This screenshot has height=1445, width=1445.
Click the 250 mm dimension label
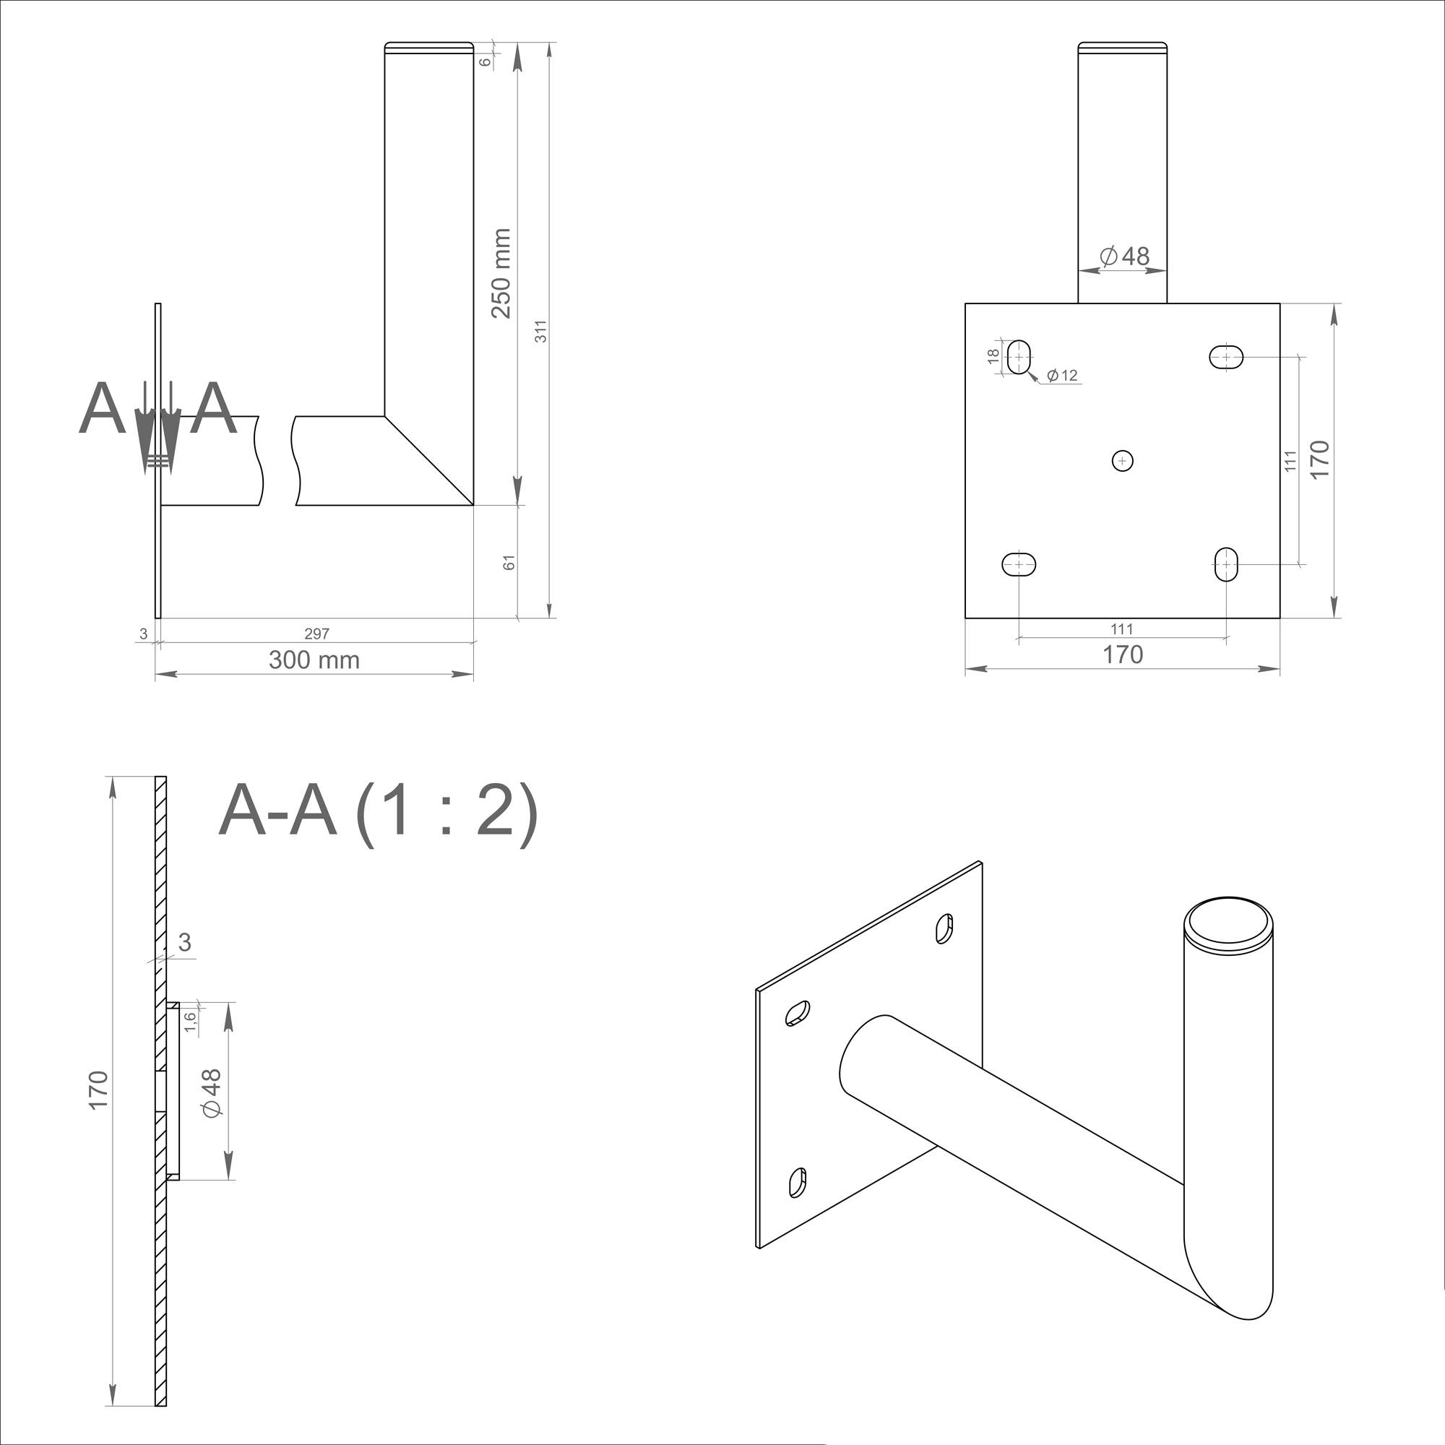[501, 274]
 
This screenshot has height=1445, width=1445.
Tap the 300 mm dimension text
[314, 660]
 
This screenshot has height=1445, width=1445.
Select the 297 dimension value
[316, 634]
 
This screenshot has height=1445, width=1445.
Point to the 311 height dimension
[540, 332]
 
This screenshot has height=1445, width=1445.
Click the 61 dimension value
[509, 562]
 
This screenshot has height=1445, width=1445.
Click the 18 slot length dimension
[993, 356]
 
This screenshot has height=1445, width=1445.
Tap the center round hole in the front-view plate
[1122, 461]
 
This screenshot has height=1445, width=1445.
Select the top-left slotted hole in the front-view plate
[1019, 357]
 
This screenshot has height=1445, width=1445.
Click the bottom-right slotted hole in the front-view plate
[1226, 564]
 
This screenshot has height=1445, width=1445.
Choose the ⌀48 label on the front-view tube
[1125, 256]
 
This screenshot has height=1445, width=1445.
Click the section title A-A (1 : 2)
[378, 811]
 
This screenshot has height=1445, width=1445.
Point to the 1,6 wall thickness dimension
[191, 1022]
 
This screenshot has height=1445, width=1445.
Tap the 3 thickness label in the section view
[185, 942]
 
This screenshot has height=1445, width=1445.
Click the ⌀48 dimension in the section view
[212, 1093]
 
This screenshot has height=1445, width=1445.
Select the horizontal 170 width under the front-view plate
[1123, 655]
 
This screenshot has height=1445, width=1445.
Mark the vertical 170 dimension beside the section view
[99, 1090]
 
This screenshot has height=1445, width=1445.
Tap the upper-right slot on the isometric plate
[944, 928]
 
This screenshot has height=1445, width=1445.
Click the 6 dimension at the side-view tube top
[486, 61]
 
